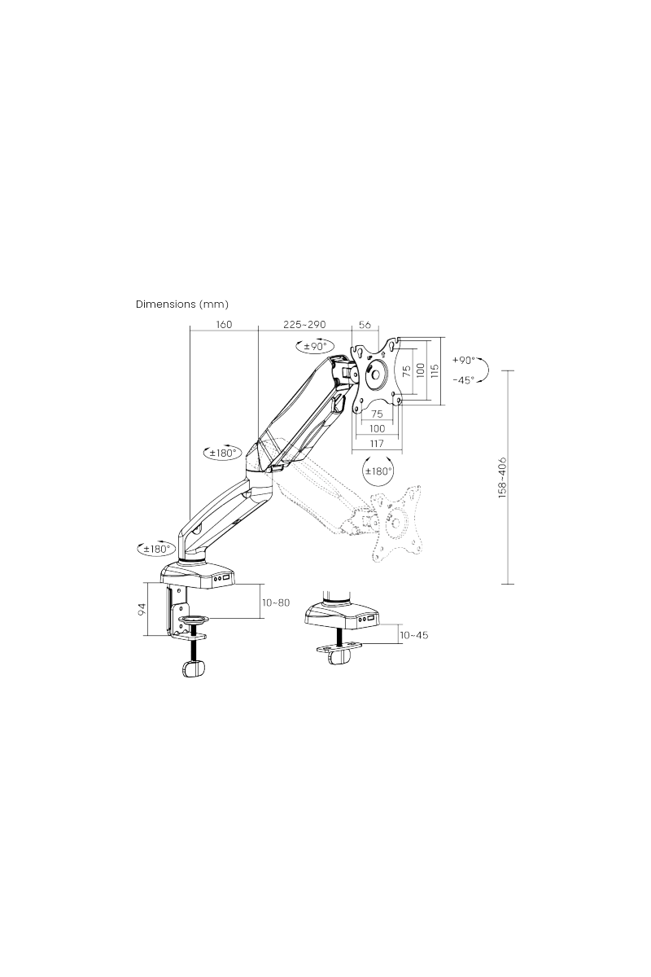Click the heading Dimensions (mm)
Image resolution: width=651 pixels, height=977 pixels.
tap(181, 304)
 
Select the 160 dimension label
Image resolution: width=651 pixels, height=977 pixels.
tap(224, 324)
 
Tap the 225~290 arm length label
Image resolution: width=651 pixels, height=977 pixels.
tap(304, 324)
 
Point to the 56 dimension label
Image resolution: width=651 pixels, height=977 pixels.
tap(365, 324)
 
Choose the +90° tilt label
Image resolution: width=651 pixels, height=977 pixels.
tap(462, 361)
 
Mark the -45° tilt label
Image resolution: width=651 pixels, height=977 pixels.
tap(462, 379)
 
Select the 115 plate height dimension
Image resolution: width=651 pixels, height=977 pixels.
tap(435, 371)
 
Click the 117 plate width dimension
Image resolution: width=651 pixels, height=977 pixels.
tap(376, 444)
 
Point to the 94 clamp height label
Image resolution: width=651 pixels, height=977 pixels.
tap(142, 608)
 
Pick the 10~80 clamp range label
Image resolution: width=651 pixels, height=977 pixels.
tap(276, 602)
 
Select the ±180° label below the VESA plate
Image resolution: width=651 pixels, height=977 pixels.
tap(378, 471)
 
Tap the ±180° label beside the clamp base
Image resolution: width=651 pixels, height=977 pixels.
tap(156, 548)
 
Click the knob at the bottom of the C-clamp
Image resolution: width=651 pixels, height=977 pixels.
tap(193, 668)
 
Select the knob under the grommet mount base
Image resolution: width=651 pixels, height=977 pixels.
tap(335, 656)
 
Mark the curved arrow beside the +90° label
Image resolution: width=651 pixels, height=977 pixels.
tap(483, 370)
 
